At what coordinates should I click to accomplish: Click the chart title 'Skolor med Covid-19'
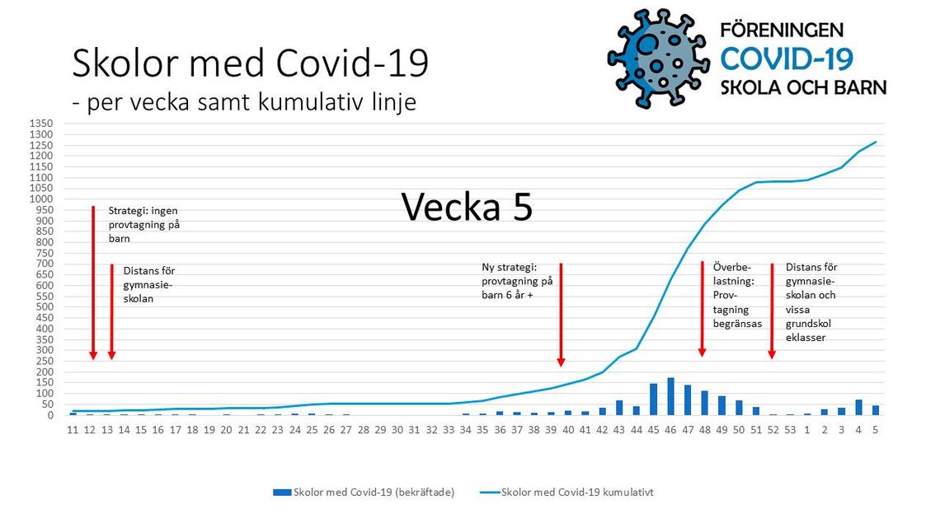pos(250,63)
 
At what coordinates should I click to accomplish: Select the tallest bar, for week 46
pos(671,396)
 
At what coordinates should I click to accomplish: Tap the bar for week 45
pos(653,400)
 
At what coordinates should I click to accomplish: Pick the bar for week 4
pos(858,408)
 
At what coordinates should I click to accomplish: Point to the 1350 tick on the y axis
pos(41,124)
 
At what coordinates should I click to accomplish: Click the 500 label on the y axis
pos(45,307)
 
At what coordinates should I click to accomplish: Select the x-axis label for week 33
pos(449,430)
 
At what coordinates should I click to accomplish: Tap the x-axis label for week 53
pos(790,430)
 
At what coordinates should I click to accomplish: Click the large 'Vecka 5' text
pos(467,207)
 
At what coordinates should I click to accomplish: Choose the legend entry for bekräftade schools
pos(364,492)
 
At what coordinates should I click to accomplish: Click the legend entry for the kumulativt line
pos(566,492)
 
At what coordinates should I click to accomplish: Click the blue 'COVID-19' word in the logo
pos(787,58)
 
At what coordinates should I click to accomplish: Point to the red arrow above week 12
pos(93,283)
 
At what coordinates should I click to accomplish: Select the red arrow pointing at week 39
pos(562,315)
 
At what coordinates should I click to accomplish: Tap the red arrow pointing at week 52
pos(772,311)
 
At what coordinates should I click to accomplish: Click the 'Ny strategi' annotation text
pos(517,281)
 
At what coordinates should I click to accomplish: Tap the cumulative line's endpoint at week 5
pos(876,142)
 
